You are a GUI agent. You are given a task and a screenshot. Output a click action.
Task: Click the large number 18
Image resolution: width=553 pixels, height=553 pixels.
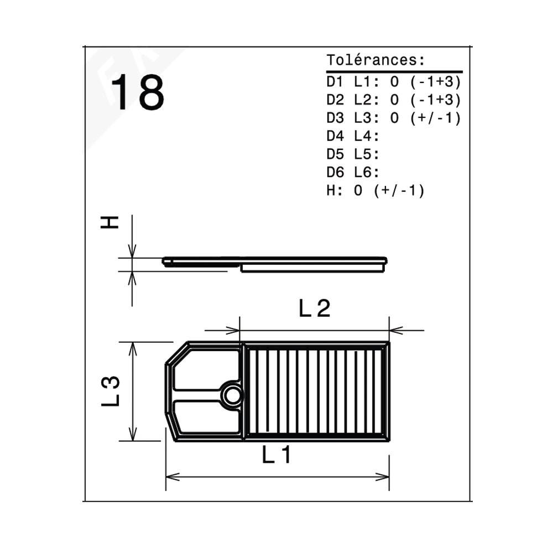[x=138, y=92]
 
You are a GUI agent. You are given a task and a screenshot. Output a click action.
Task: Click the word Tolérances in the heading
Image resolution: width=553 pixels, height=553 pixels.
[x=372, y=60]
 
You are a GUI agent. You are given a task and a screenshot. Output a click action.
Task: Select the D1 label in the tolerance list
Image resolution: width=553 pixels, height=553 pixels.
[x=335, y=82]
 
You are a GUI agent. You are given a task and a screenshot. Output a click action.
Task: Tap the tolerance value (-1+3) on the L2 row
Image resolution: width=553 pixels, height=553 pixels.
[x=436, y=100]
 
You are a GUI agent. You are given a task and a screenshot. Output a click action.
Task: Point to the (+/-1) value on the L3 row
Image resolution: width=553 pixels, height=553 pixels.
[x=436, y=118]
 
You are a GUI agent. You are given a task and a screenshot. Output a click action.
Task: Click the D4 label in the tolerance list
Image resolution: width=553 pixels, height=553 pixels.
[x=335, y=136]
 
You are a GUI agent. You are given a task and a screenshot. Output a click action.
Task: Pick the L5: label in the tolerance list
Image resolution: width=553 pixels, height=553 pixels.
[x=367, y=154]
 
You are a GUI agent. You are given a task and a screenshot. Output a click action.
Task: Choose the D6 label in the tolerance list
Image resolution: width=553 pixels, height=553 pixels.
[x=335, y=172]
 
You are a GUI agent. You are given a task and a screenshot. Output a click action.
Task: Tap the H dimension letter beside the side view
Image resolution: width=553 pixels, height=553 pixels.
[x=109, y=222]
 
